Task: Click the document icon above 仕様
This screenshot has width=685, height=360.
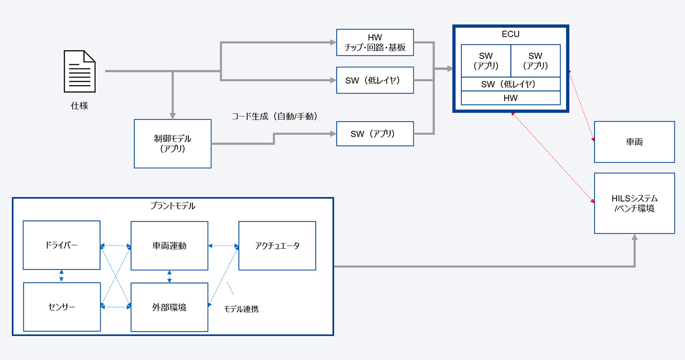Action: [80, 71]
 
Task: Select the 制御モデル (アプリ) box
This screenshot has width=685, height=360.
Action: [173, 143]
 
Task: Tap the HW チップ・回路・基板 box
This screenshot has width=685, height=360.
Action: [375, 42]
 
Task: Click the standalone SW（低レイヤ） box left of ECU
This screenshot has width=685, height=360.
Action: [375, 80]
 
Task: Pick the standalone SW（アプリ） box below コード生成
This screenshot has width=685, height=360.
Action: [375, 134]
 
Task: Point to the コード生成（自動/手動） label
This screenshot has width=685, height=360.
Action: [275, 116]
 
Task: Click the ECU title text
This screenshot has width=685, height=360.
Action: [511, 34]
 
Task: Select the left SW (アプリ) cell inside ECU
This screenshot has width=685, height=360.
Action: [486, 61]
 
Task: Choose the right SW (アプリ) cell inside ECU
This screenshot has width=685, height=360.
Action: [535, 61]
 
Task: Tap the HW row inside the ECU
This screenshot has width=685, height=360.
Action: [511, 98]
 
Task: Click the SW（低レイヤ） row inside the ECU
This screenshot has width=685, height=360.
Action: [511, 85]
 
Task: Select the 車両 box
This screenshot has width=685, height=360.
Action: [634, 142]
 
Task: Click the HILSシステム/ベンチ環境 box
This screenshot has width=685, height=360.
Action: [634, 203]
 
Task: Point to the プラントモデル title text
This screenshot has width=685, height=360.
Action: [173, 205]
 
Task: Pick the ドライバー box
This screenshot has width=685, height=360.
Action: [62, 246]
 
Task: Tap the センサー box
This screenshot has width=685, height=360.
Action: [62, 307]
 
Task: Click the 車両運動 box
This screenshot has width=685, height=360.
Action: [170, 246]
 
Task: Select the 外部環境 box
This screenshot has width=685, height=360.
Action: [170, 308]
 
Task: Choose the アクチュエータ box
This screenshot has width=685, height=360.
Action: [277, 246]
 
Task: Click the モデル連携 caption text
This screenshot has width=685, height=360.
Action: [241, 309]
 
